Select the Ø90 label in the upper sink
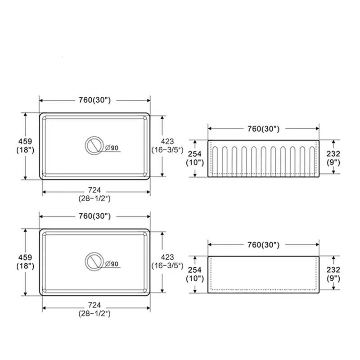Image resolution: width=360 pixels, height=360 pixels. click(x=112, y=148)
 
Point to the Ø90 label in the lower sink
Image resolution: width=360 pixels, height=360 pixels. click(x=112, y=264)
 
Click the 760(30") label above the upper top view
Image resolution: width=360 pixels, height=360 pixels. click(x=94, y=100)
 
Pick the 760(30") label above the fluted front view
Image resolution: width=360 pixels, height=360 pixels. click(x=263, y=129)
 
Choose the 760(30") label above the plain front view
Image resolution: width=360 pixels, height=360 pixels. click(x=263, y=245)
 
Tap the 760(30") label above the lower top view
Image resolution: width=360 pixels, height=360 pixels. click(x=94, y=216)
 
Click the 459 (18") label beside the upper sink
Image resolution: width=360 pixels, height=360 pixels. click(x=25, y=145)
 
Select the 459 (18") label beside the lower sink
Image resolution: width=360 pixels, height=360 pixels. click(x=25, y=261)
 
